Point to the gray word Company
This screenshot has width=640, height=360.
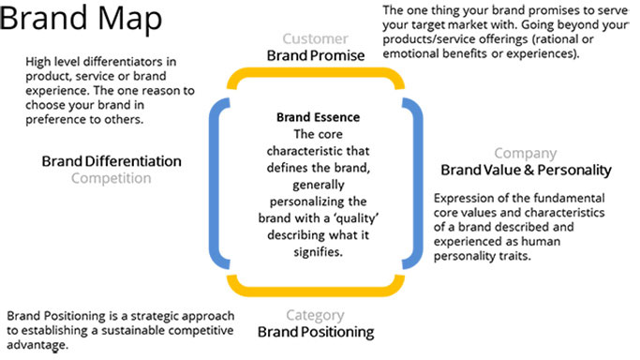tap(525, 154)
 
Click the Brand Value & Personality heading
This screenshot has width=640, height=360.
tap(526, 171)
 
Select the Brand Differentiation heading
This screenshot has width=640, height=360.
tap(112, 161)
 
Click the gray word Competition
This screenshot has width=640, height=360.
tap(112, 178)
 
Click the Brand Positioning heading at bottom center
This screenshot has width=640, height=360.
tap(317, 332)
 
